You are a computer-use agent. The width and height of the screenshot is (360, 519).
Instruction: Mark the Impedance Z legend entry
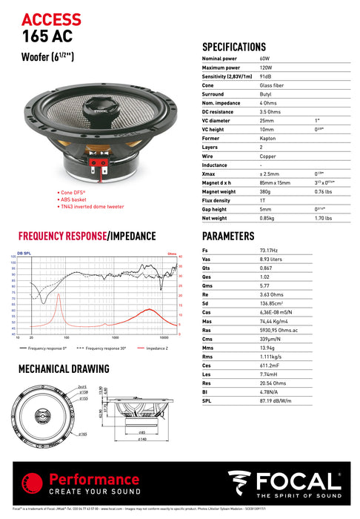pyautogui.click(x=156, y=347)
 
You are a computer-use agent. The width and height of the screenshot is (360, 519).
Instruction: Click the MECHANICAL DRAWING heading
pyautogui.click(x=65, y=368)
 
